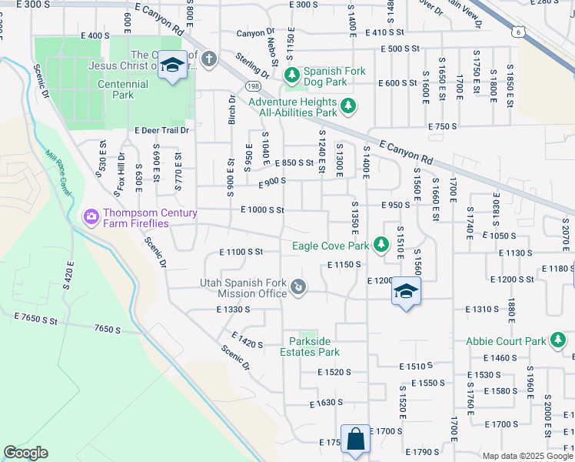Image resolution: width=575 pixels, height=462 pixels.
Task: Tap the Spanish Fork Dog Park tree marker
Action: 292,75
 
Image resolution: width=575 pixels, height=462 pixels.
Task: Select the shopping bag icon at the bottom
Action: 356,440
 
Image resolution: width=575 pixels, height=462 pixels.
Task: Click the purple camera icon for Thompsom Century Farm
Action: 91,218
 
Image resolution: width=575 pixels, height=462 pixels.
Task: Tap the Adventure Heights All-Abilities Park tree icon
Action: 348,106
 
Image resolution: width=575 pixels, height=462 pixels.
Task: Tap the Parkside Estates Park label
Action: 314,346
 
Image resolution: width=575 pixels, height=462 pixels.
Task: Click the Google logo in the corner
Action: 25,453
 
